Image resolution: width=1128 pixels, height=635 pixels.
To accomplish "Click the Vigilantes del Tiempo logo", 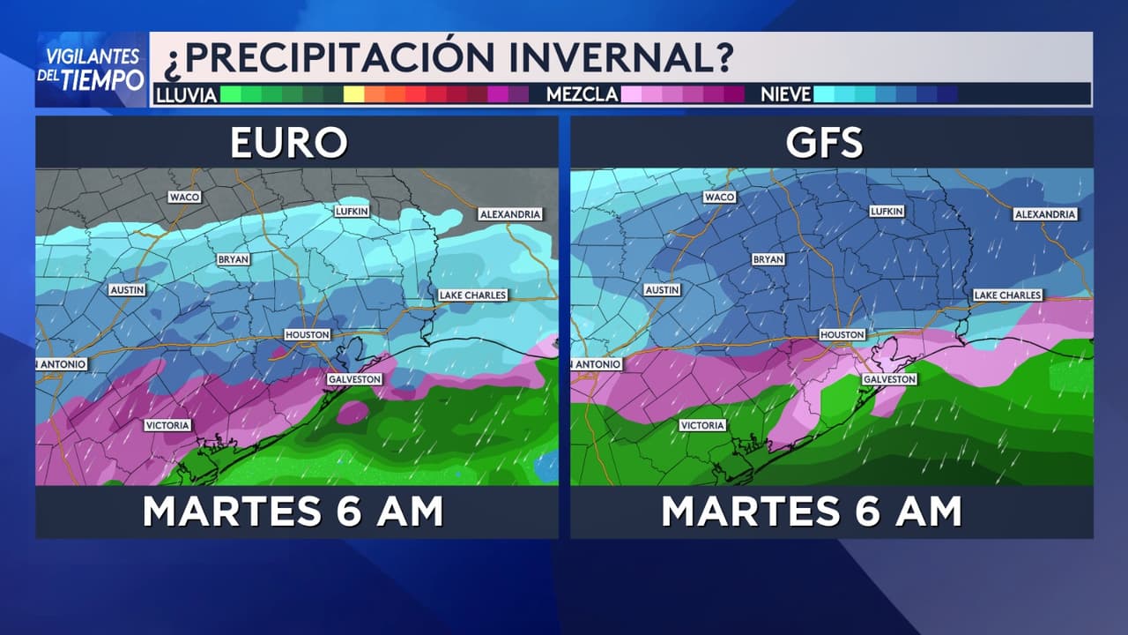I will (x=91, y=69).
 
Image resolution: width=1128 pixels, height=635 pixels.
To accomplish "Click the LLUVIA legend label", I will (x=186, y=94).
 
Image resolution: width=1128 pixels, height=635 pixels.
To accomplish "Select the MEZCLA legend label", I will (x=582, y=94).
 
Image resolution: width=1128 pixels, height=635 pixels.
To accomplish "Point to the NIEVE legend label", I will (x=785, y=94).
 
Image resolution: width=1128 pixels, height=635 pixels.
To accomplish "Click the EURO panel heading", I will (x=289, y=143).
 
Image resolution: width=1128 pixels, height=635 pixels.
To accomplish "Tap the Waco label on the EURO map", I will (x=185, y=197).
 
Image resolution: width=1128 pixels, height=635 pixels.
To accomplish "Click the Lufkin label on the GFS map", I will (x=887, y=212).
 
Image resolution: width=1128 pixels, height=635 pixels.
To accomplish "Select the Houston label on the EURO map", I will (x=308, y=335).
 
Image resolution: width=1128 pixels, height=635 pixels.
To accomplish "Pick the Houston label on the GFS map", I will (x=842, y=335).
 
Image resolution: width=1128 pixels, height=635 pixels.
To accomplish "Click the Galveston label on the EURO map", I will (x=354, y=379).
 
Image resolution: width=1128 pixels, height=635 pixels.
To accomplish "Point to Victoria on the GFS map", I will (x=702, y=425).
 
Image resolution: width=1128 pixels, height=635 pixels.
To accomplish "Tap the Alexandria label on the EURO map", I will (x=509, y=214).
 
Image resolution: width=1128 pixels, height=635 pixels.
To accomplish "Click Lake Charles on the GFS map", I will (x=1008, y=295).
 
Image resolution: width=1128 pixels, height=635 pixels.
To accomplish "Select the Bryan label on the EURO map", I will (x=234, y=259).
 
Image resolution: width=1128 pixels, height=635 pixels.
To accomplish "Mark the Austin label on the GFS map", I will (x=662, y=289).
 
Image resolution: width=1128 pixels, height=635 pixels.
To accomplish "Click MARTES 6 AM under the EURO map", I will (x=293, y=512).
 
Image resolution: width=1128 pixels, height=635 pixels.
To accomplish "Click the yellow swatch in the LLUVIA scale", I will (x=353, y=94).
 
